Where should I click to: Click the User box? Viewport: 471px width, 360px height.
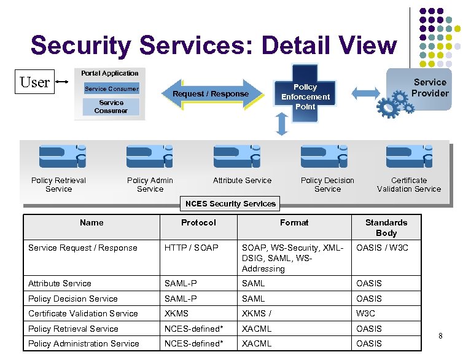(x=34, y=82)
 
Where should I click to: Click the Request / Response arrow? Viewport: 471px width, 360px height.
(x=211, y=94)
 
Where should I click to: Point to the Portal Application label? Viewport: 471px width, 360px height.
(x=110, y=73)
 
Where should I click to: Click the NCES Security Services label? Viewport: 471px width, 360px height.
(x=231, y=203)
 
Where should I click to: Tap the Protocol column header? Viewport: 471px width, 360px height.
(x=198, y=222)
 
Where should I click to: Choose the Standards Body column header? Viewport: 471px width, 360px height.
(x=386, y=227)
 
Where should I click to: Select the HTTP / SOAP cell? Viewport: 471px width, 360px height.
(x=191, y=248)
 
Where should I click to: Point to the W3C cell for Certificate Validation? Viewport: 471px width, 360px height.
(x=366, y=313)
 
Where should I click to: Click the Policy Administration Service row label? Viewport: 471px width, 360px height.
(x=84, y=343)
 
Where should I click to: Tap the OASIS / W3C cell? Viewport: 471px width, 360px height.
(x=382, y=248)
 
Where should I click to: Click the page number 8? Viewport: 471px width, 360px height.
(x=440, y=335)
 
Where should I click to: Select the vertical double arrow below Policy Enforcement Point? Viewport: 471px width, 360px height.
(x=282, y=124)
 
